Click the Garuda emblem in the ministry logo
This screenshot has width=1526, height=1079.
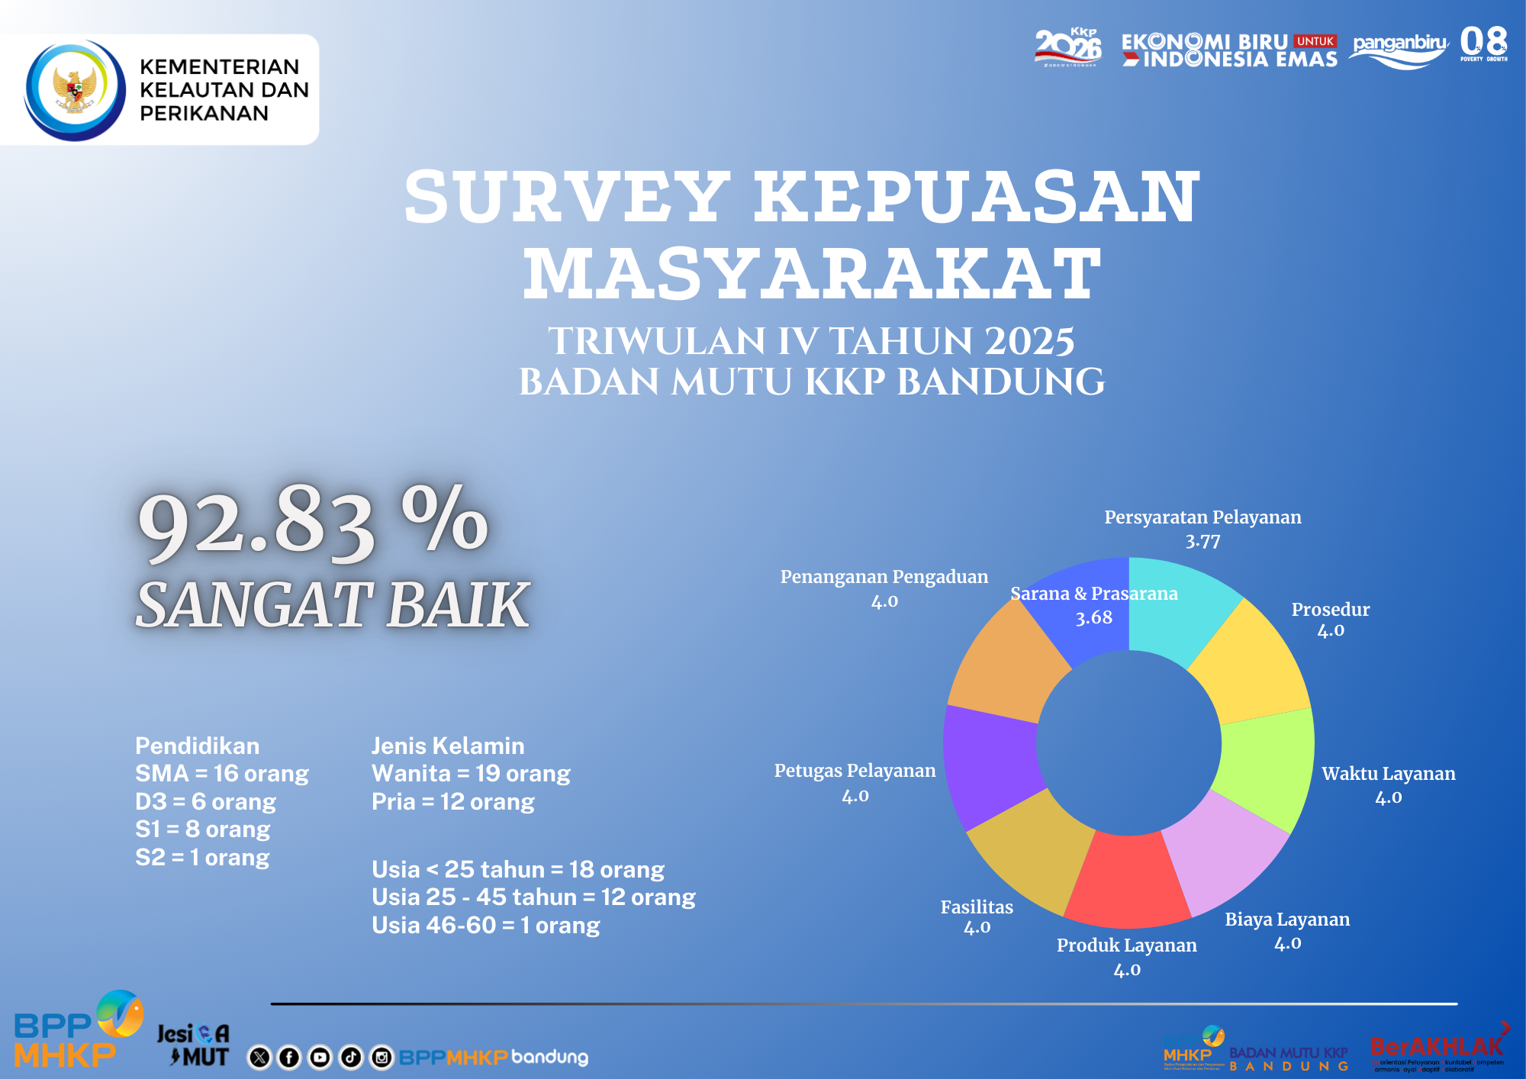(75, 91)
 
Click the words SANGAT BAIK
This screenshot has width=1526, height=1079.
(333, 605)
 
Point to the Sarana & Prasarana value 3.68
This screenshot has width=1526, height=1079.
(1093, 617)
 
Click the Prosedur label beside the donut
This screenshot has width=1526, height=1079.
(1330, 610)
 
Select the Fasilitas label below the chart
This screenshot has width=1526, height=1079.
(977, 907)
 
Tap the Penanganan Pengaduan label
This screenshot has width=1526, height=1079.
(884, 577)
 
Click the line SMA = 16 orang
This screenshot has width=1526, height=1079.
(222, 774)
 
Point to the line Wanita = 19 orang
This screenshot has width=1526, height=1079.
(471, 774)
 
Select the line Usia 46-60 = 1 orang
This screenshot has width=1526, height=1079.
(485, 926)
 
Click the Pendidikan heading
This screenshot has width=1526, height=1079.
(197, 746)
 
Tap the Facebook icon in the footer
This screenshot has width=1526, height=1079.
(289, 1057)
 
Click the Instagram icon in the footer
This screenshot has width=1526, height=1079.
(381, 1057)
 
